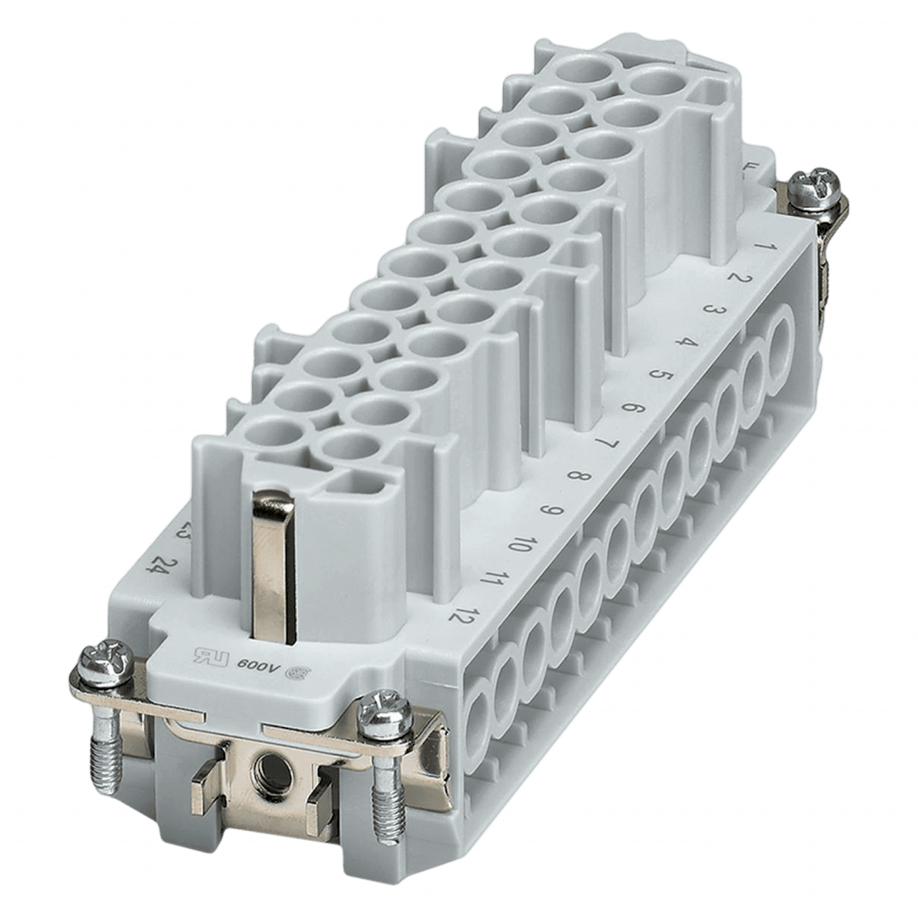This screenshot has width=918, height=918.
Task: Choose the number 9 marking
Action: [x=550, y=512]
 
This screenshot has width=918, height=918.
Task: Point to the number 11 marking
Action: [x=490, y=581]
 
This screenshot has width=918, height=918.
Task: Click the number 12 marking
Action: [x=463, y=617]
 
